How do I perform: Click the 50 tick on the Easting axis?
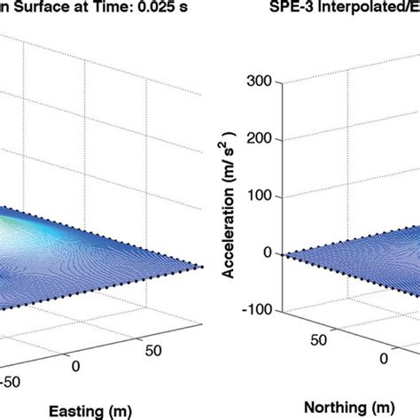click(153, 352)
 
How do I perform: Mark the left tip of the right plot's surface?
click(282, 254)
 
